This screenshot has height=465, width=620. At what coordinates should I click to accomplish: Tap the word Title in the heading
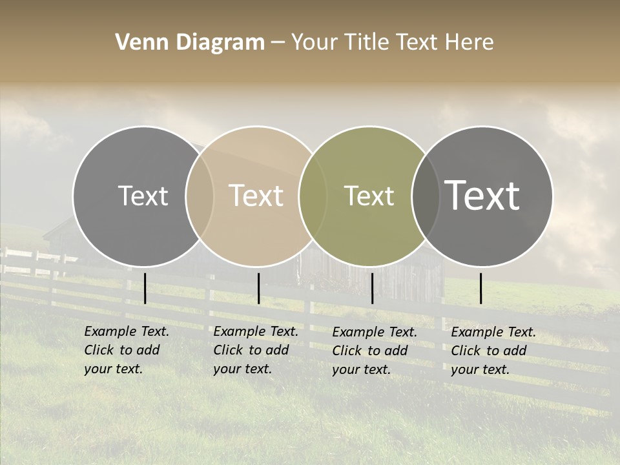(367, 43)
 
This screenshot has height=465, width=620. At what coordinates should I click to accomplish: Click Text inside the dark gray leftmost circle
(143, 196)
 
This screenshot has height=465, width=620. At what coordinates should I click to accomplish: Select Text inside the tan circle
(256, 196)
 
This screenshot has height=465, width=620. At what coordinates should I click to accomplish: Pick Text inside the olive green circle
(369, 196)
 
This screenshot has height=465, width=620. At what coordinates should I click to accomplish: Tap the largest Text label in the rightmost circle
(482, 196)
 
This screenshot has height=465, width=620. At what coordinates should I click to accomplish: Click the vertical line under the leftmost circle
(145, 288)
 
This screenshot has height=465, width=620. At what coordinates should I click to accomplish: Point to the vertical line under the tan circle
(258, 288)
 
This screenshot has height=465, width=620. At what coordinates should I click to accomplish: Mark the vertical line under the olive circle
(372, 288)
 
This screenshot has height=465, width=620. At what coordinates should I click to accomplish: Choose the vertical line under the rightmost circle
(480, 288)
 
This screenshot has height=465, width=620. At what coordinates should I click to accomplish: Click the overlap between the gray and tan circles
(200, 196)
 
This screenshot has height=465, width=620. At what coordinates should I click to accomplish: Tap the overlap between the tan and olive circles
(313, 196)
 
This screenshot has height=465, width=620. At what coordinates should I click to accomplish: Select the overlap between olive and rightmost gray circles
(426, 196)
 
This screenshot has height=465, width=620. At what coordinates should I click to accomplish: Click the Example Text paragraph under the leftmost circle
(126, 351)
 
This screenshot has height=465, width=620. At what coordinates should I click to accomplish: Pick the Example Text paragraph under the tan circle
(255, 351)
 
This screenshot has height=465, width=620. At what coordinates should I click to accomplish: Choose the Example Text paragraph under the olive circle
(374, 351)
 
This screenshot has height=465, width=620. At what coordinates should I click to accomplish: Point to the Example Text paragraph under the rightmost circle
(493, 351)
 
